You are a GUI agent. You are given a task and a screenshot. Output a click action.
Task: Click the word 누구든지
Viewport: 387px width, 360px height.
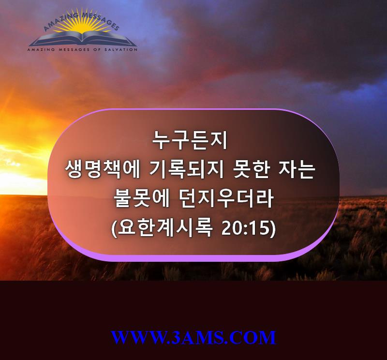[190, 140]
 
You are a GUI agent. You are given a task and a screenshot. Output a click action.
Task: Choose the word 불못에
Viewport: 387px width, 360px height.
[141, 199]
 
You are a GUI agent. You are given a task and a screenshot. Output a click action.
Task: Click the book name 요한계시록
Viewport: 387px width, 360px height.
[164, 227]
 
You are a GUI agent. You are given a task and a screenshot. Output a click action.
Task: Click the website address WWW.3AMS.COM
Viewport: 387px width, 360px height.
[193, 338]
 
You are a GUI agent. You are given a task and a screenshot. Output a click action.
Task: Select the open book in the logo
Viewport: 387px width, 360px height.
[83, 39]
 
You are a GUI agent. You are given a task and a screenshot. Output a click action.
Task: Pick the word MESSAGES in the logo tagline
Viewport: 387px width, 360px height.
[74, 50]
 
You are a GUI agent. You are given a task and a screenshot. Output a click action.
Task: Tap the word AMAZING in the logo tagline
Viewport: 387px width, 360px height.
[41, 50]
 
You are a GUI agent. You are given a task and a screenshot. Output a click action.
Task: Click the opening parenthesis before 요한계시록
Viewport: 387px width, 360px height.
[114, 229]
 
